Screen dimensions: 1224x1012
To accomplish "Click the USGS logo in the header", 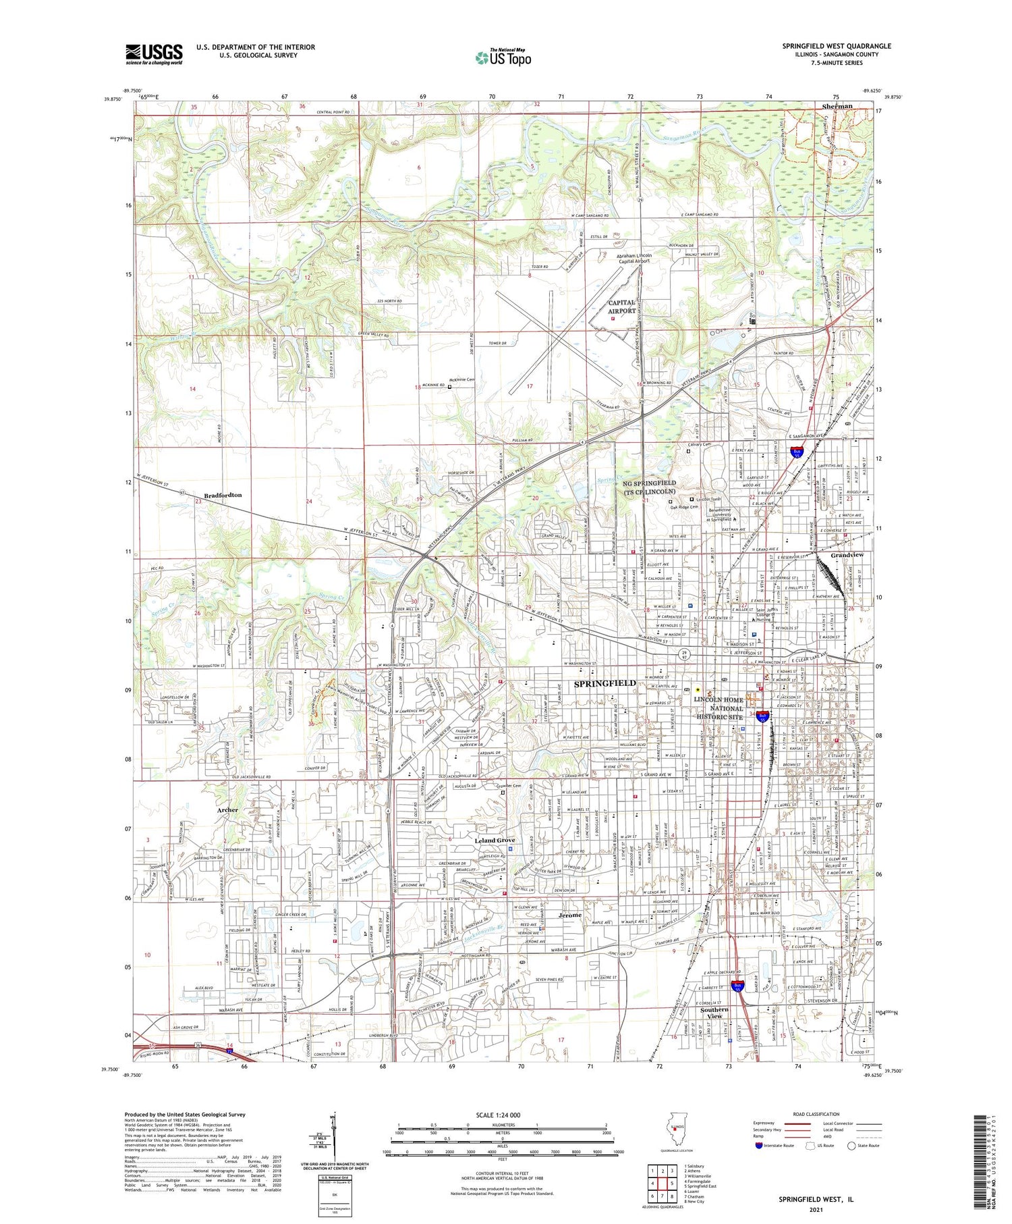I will tap(154, 54).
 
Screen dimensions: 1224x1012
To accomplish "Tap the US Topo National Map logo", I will tap(503, 57).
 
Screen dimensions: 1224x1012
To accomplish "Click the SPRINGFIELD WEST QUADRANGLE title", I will tap(836, 46).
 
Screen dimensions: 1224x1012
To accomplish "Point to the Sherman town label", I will tap(837, 106).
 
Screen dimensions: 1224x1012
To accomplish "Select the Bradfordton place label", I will tap(223, 495).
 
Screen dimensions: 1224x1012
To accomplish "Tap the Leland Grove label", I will tap(495, 840).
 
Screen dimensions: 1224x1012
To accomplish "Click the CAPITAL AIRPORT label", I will tap(621, 307).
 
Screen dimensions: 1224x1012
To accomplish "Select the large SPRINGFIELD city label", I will tap(605, 683).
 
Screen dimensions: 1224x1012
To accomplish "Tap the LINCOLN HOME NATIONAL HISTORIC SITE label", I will tap(719, 708).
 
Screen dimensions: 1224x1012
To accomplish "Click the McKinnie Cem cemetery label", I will tap(463, 380).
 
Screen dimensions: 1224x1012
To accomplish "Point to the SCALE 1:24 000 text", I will tap(502, 1115).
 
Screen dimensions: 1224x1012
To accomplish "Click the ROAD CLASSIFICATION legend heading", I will tap(816, 1114).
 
